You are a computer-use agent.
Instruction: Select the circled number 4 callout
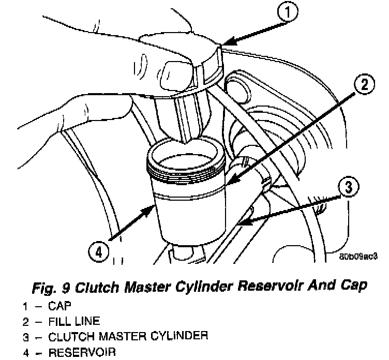click(x=99, y=253)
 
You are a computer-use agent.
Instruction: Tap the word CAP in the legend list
click(x=59, y=306)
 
